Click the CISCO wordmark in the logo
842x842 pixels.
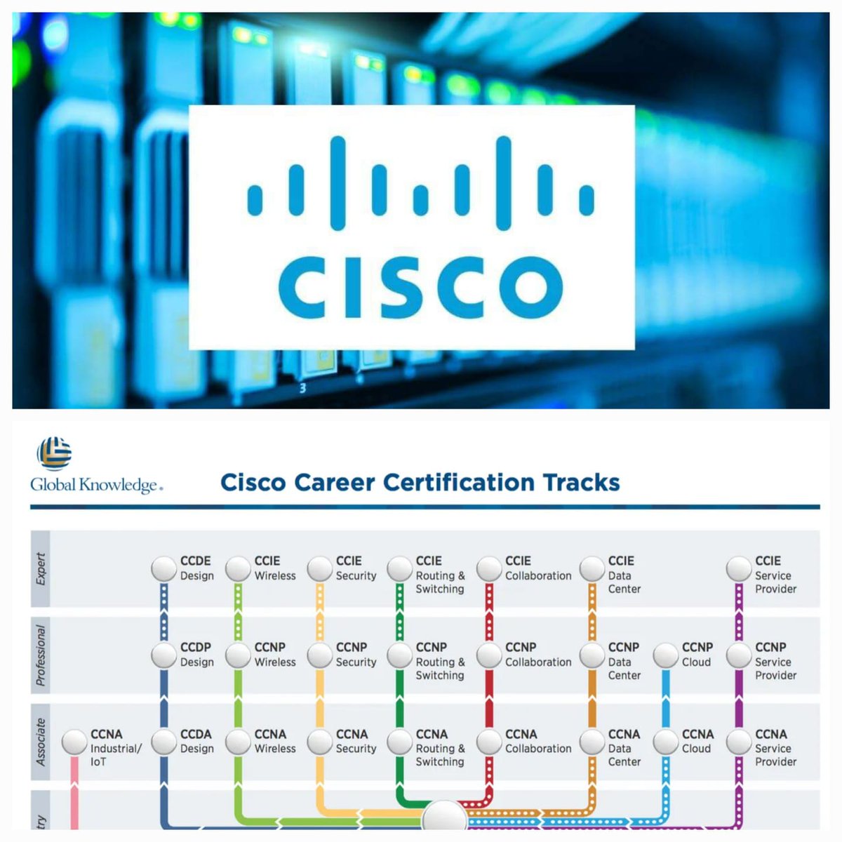420,287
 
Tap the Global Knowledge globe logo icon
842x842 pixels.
54,453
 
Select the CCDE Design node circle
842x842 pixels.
164,569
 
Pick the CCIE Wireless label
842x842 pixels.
274,568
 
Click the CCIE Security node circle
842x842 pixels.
320,569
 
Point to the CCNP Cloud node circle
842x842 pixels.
666,655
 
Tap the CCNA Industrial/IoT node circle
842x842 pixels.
74,742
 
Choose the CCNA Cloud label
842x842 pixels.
697,741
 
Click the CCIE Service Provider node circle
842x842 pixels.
739,569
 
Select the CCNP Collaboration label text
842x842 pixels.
537,655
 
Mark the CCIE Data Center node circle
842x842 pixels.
592,569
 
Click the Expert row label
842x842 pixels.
41,569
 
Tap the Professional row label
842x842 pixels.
41,655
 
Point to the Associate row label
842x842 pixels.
41,742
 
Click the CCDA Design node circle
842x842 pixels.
164,742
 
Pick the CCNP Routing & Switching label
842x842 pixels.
439,661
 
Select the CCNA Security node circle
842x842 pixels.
320,742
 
